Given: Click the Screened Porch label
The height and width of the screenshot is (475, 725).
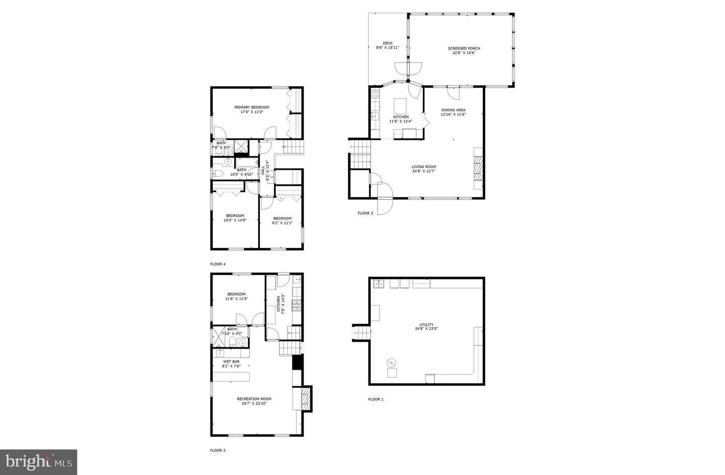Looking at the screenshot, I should (x=464, y=48).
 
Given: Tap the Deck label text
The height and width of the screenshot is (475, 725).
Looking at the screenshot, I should (x=387, y=43).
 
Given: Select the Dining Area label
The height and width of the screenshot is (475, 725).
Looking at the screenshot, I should (x=453, y=110).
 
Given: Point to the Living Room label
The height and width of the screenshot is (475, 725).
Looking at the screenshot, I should (x=423, y=167).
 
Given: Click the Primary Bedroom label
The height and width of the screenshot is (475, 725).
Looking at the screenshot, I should (x=252, y=107).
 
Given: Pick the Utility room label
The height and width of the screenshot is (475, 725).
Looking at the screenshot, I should (x=426, y=325).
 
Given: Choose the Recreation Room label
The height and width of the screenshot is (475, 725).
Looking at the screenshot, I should (x=254, y=399).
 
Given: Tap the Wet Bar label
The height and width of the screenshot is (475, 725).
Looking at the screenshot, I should (x=232, y=361).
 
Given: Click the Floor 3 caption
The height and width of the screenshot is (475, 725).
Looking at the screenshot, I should (x=365, y=213).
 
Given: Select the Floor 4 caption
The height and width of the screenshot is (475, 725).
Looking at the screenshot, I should (x=217, y=264).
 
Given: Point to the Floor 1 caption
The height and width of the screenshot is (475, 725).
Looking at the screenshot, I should (x=376, y=399).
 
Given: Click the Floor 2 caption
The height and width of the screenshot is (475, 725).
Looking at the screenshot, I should (x=217, y=450).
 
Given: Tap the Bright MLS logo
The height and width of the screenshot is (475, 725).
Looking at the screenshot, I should (x=38, y=462).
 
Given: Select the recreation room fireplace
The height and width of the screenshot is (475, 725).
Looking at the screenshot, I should (x=304, y=399).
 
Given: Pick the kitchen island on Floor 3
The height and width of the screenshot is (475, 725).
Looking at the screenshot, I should (x=400, y=106).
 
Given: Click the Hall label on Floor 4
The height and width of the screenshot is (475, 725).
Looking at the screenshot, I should (x=263, y=170).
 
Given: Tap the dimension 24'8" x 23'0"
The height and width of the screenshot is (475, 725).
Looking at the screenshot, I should (x=426, y=329).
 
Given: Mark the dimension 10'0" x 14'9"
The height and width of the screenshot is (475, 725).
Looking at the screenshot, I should (x=235, y=220).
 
